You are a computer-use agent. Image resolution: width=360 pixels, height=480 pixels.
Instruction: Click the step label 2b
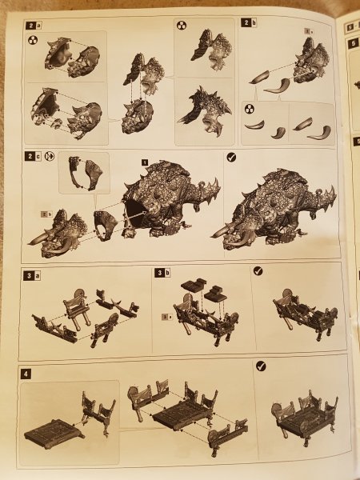point(250,25)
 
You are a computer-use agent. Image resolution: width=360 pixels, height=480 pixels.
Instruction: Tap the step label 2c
point(33,158)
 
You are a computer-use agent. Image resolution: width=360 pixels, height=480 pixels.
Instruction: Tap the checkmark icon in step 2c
point(232,158)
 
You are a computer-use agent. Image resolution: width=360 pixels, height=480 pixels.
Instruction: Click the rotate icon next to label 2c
point(50,158)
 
